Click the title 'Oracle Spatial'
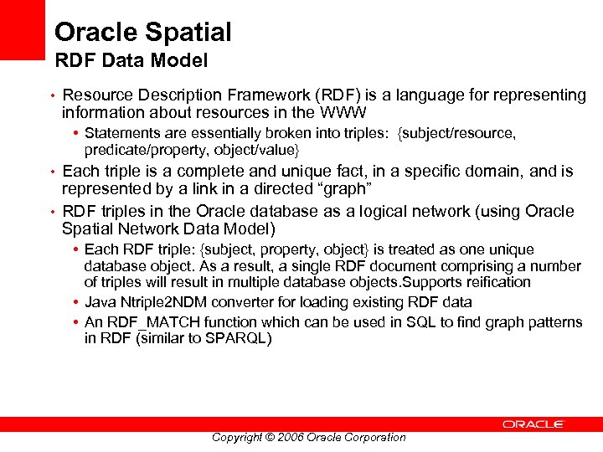pyautogui.click(x=142, y=33)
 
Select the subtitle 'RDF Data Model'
pyautogui.click(x=131, y=61)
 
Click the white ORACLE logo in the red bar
pyautogui.click(x=533, y=424)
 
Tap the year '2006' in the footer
pyautogui.click(x=289, y=437)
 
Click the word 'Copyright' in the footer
pyautogui.click(x=236, y=437)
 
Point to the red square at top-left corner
pyautogui.click(x=22, y=30)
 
